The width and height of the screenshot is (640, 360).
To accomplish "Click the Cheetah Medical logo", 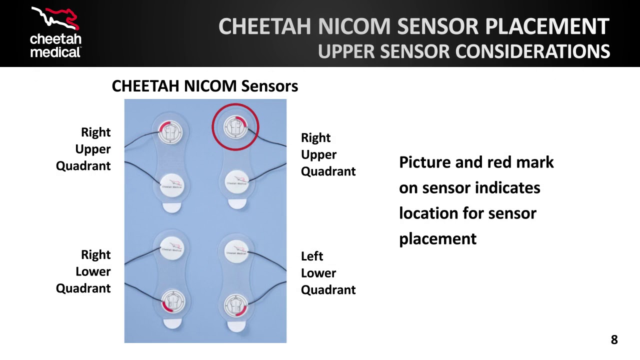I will (55, 32).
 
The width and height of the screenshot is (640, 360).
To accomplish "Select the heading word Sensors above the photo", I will (269, 86).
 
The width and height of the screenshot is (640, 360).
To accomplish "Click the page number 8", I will (614, 340).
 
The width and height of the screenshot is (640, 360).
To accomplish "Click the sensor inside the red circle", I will (235, 127).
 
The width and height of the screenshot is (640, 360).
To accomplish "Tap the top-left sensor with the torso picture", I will (171, 131).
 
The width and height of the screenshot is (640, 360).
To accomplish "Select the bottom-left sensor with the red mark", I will (173, 302).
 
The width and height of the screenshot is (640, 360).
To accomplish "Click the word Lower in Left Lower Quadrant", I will (318, 273).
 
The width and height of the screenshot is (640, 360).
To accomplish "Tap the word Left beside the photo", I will (312, 256).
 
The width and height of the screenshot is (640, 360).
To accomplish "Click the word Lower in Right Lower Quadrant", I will (93, 271).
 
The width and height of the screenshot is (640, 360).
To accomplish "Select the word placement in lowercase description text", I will (437, 239).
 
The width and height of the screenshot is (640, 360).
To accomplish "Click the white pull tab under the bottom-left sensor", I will (173, 324).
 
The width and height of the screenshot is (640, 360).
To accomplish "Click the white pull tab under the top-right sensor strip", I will (236, 203).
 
